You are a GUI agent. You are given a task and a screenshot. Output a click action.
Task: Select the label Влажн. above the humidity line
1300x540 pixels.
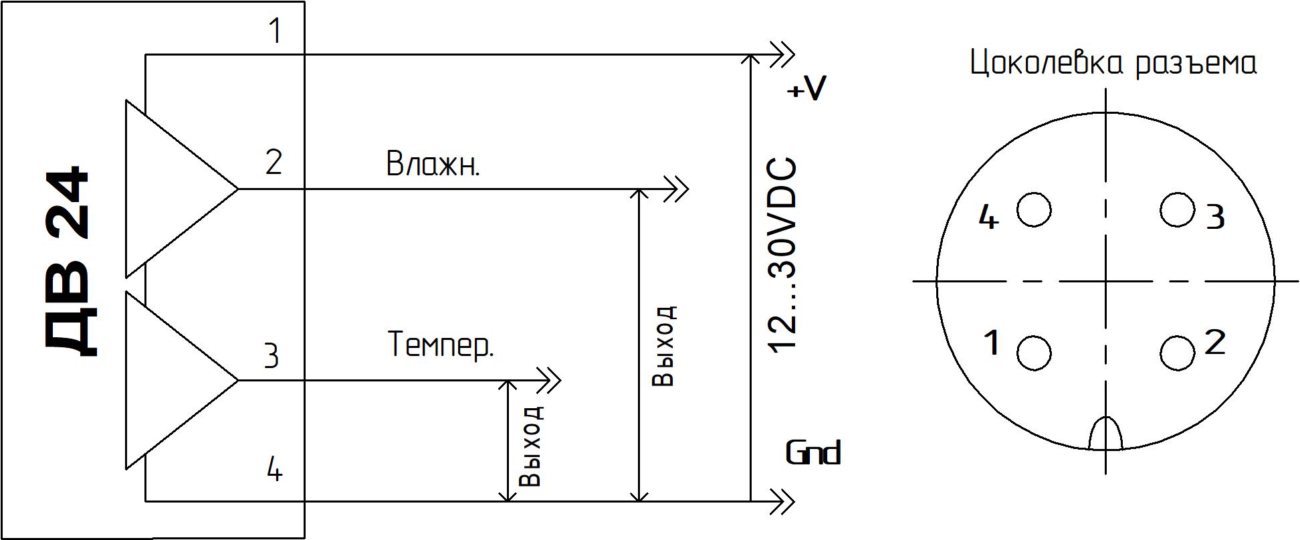(x=433, y=164)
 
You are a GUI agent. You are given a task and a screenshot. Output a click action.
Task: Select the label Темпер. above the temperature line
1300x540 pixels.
(x=441, y=345)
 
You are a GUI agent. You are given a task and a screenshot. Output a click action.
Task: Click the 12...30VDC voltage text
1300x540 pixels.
(x=782, y=256)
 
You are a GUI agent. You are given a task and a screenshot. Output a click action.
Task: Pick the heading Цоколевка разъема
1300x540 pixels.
(x=1113, y=64)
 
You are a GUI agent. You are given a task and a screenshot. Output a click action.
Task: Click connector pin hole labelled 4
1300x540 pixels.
(x=1034, y=209)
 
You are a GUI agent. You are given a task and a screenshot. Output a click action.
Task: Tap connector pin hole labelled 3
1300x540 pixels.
(x=1177, y=209)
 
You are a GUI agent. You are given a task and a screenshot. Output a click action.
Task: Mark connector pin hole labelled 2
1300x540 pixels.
(x=1177, y=353)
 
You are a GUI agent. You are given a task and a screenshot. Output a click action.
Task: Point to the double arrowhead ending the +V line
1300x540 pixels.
(x=781, y=54)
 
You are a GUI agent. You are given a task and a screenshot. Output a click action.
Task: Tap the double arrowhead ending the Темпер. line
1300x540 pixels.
(x=548, y=381)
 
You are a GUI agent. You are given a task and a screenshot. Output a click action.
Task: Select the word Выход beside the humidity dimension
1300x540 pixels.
(x=663, y=346)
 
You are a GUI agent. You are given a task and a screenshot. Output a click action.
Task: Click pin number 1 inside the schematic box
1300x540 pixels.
(x=274, y=31)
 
